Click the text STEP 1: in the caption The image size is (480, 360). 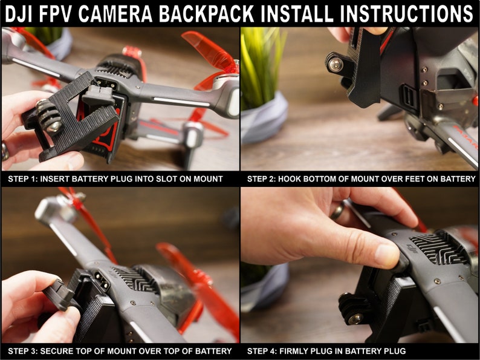[x=23, y=179]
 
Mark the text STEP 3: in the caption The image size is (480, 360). [x=23, y=351]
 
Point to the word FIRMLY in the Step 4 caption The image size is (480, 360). [x=297, y=351]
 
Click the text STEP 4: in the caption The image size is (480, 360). [x=262, y=351]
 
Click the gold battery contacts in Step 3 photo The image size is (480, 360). [x=99, y=281]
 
